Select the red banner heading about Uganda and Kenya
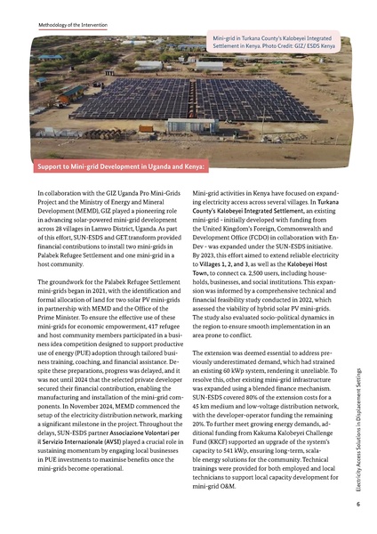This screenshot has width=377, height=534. [121, 166]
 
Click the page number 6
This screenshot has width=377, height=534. [357, 505]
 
